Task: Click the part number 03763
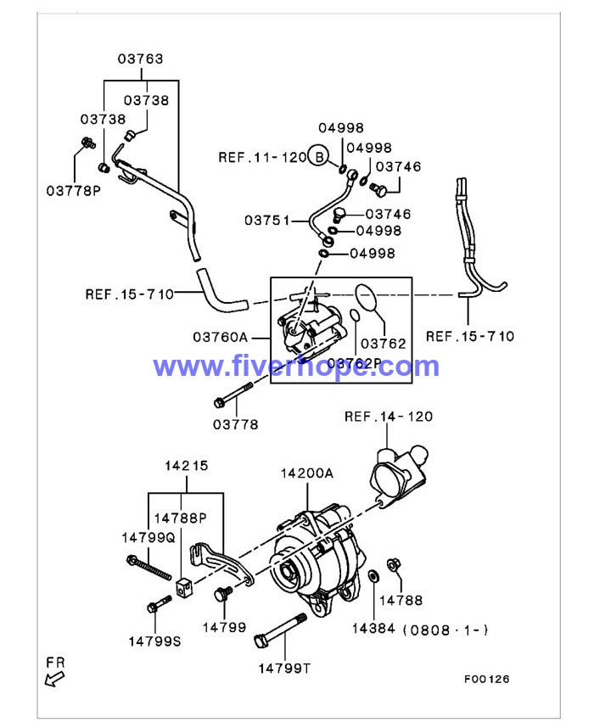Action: (x=140, y=59)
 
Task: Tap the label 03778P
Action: (x=74, y=190)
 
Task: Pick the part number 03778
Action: (x=235, y=424)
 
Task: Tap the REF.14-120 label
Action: (x=388, y=416)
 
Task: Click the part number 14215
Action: (x=186, y=466)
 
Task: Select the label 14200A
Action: (x=307, y=474)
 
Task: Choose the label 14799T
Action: (x=284, y=668)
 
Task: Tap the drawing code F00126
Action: (x=486, y=679)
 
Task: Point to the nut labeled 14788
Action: (x=394, y=565)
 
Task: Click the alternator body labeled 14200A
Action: (x=314, y=560)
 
